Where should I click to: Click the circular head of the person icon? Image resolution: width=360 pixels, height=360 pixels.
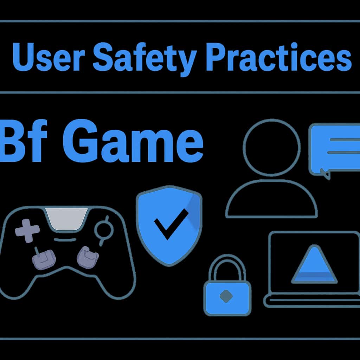272,147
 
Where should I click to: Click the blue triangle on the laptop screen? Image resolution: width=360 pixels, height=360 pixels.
314,265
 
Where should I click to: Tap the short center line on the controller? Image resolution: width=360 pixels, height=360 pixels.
65,240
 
